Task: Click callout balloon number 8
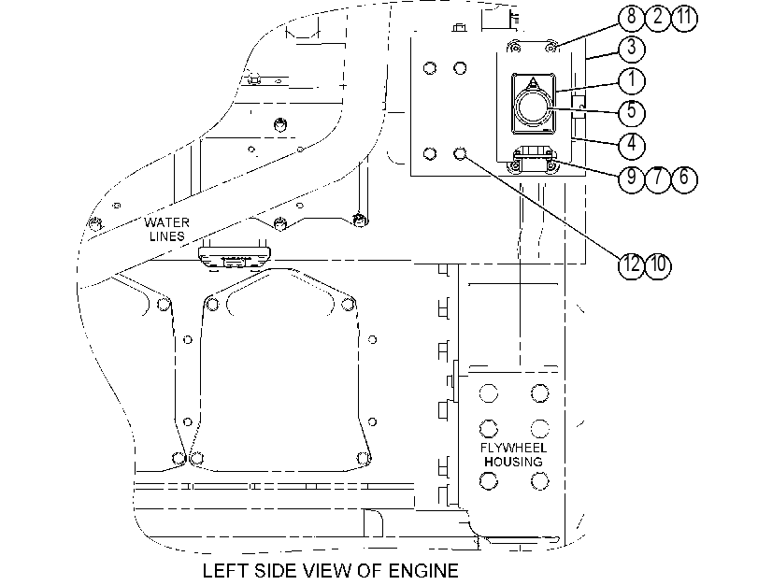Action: click(631, 18)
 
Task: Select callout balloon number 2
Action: click(658, 18)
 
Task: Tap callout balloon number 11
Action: click(684, 18)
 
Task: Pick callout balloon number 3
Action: click(631, 49)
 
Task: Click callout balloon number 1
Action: click(631, 80)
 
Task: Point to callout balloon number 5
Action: click(631, 112)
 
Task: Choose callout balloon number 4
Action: click(631, 145)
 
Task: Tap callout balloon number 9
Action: click(631, 178)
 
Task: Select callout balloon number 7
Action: click(658, 178)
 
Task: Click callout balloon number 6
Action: click(684, 178)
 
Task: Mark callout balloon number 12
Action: click(631, 265)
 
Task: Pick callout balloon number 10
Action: click(658, 265)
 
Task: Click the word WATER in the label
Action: click(166, 222)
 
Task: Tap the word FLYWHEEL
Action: click(513, 448)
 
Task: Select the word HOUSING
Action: click(513, 462)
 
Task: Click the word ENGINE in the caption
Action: click(423, 571)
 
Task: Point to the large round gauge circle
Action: click(533, 107)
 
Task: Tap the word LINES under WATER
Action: click(166, 236)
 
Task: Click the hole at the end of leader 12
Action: click(460, 154)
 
